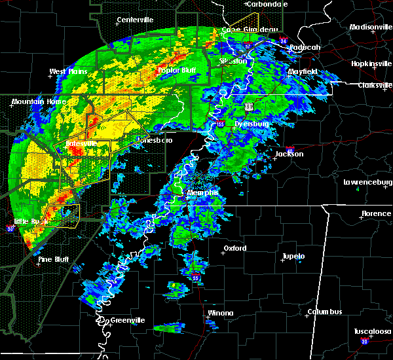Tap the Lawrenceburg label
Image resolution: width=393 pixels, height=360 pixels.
point(367,182)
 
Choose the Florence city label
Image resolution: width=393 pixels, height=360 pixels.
point(377,214)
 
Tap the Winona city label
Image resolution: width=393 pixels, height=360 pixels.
point(219,313)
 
